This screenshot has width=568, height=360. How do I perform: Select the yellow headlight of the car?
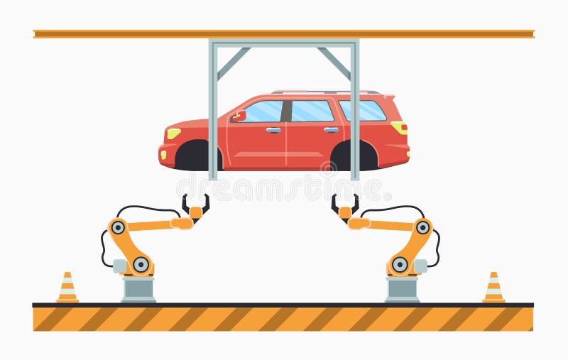click(x=173, y=133)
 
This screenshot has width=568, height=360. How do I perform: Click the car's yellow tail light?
click(x=400, y=127)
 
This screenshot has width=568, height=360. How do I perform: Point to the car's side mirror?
click(x=239, y=116)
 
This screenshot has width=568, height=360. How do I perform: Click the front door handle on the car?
click(x=273, y=130)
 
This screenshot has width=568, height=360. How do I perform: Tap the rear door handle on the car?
click(x=331, y=130)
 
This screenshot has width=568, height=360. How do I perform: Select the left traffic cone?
click(x=67, y=288)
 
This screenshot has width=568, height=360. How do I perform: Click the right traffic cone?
click(x=493, y=288)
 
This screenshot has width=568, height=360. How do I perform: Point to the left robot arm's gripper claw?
click(x=195, y=207)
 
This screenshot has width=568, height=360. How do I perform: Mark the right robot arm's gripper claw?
click(x=345, y=207)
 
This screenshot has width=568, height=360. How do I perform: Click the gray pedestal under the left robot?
click(x=138, y=289)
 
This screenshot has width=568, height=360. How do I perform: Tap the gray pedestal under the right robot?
click(x=402, y=289)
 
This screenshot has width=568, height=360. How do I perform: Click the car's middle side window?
click(x=312, y=111)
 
